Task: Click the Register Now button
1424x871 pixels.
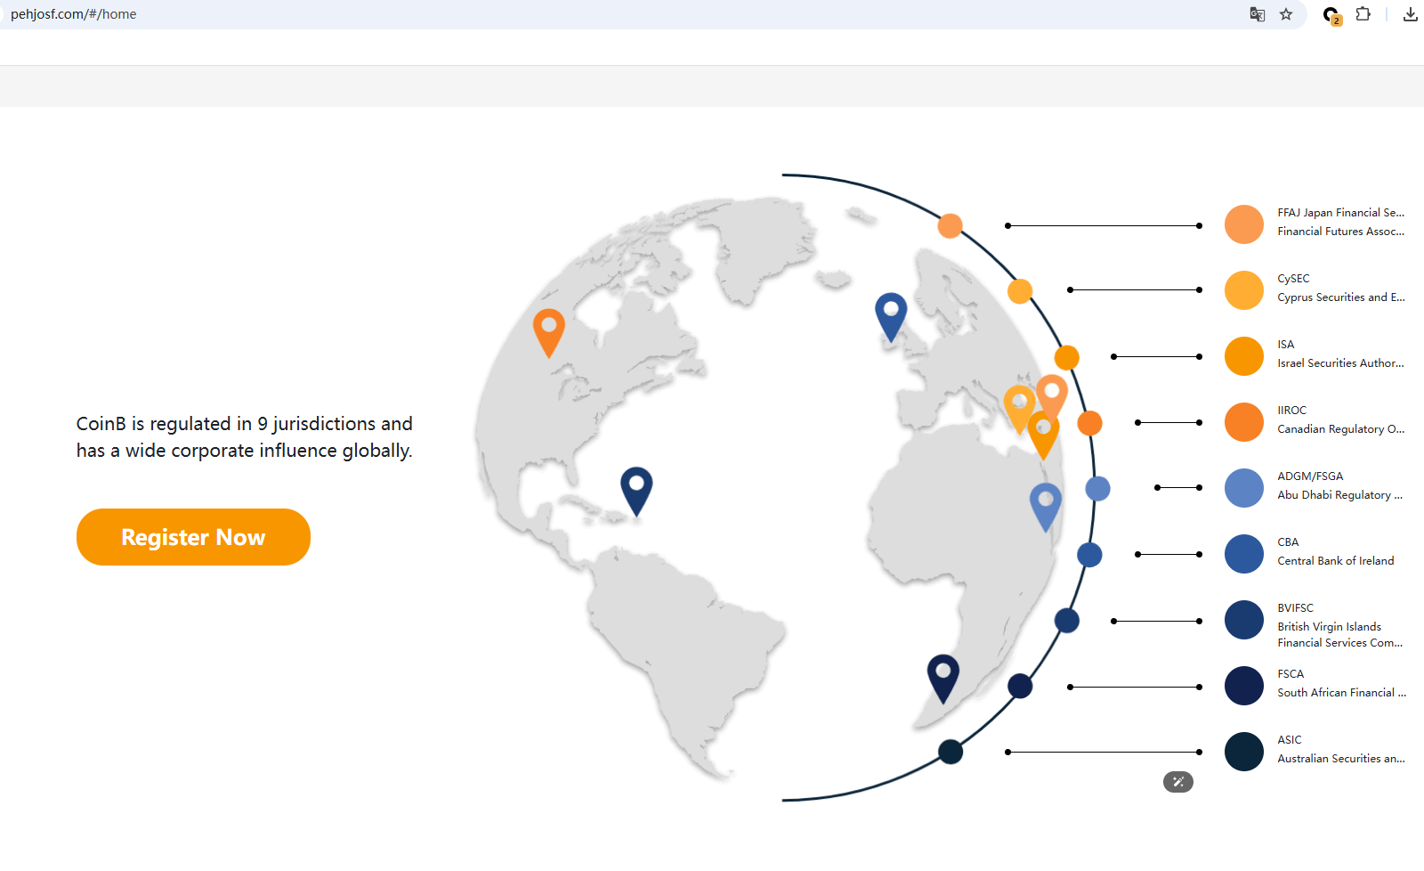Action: click(193, 537)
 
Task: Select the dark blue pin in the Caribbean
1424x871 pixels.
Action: click(636, 491)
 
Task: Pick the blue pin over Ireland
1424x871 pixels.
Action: click(891, 316)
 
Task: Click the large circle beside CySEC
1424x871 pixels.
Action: click(1243, 290)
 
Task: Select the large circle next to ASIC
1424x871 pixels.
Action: click(1243, 752)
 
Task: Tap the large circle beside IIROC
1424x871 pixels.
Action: click(1243, 422)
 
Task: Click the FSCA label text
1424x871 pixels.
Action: click(1290, 674)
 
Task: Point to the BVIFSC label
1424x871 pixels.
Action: click(1295, 607)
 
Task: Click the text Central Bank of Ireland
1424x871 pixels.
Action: click(1336, 560)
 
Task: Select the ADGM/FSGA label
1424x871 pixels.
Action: click(1310, 476)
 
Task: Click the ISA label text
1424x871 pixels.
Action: click(1285, 344)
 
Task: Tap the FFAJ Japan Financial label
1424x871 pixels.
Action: click(1340, 213)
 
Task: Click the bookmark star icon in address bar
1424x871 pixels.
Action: click(1286, 14)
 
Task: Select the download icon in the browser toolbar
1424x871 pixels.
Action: click(1410, 14)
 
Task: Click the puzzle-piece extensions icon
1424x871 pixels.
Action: click(1363, 14)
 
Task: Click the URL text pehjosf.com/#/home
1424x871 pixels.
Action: click(73, 14)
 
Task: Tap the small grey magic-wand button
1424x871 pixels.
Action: click(1178, 782)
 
